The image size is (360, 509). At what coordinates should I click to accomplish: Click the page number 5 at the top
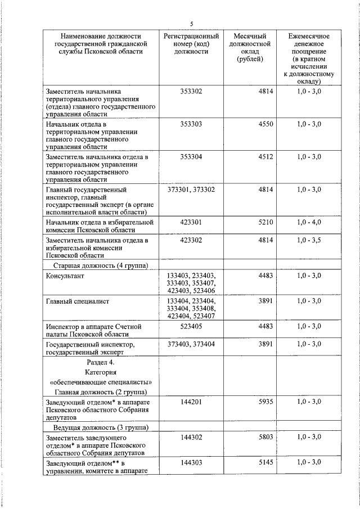click(x=191, y=23)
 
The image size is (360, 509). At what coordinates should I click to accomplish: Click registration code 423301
click(x=191, y=223)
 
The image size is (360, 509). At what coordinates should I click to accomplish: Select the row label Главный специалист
click(x=77, y=301)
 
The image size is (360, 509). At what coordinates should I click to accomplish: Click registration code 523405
click(x=191, y=326)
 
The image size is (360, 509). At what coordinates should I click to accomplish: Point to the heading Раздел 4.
click(x=101, y=363)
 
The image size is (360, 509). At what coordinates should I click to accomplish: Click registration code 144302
click(x=191, y=436)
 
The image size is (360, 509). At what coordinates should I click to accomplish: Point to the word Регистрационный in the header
click(x=191, y=36)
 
